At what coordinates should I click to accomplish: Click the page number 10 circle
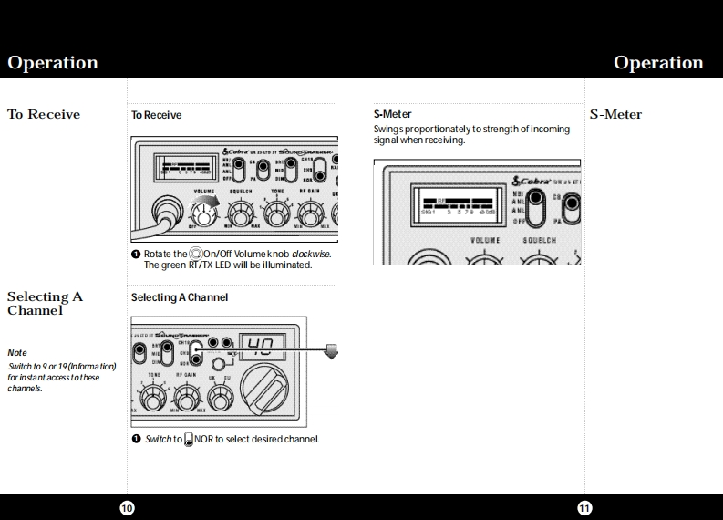127,507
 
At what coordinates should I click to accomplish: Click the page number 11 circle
584,507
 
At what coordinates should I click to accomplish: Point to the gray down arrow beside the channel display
332,352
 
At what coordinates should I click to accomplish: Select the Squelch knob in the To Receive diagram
241,215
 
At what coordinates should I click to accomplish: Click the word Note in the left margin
17,352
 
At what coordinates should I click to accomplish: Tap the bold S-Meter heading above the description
392,114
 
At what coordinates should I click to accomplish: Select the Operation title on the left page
53,63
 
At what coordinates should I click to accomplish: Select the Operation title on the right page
658,63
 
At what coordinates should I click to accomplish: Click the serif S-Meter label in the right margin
615,114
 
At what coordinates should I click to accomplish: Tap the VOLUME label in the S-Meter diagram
484,240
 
